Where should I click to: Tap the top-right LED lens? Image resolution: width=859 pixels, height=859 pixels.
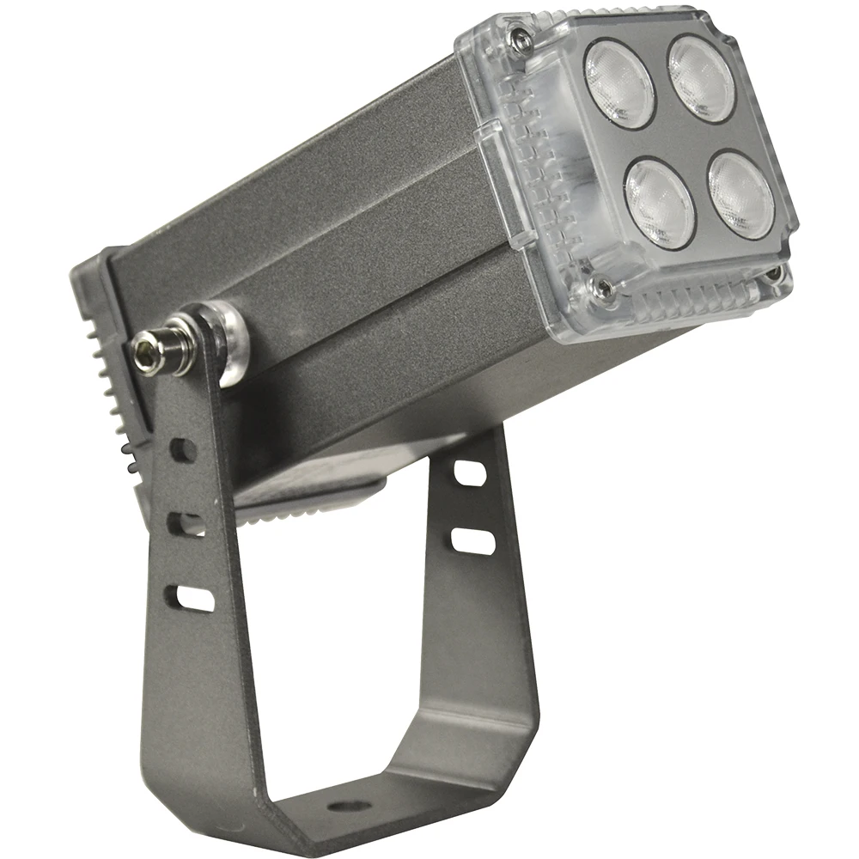click(703, 77)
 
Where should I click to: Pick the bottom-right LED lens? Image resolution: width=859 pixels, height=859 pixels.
click(741, 195)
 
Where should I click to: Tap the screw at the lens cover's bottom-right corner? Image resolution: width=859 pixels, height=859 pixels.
click(776, 273)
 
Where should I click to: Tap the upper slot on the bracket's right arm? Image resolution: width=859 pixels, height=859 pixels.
click(469, 471)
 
